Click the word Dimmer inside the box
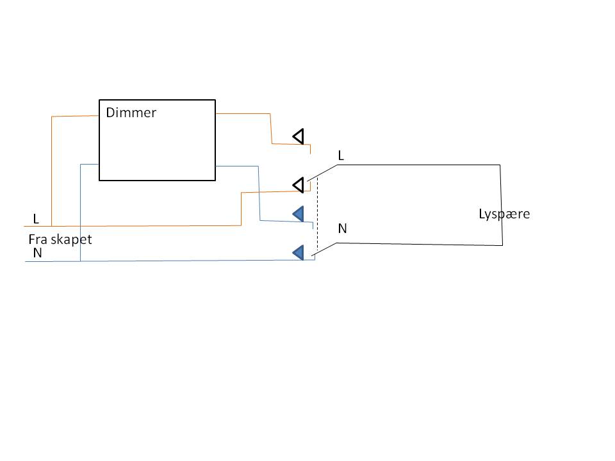(131, 113)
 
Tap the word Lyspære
(504, 214)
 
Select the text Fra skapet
(61, 239)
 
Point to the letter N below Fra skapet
(37, 254)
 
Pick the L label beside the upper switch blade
(341, 156)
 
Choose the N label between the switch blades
(342, 228)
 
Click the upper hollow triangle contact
(298, 136)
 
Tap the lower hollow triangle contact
(298, 185)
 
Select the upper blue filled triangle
(298, 214)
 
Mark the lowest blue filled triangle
(298, 253)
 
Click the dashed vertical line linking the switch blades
(316, 214)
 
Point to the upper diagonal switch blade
(322, 172)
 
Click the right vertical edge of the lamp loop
(501, 205)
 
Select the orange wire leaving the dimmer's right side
(243, 114)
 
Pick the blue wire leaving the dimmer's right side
(237, 166)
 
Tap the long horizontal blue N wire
(192, 261)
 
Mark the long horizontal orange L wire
(141, 225)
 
